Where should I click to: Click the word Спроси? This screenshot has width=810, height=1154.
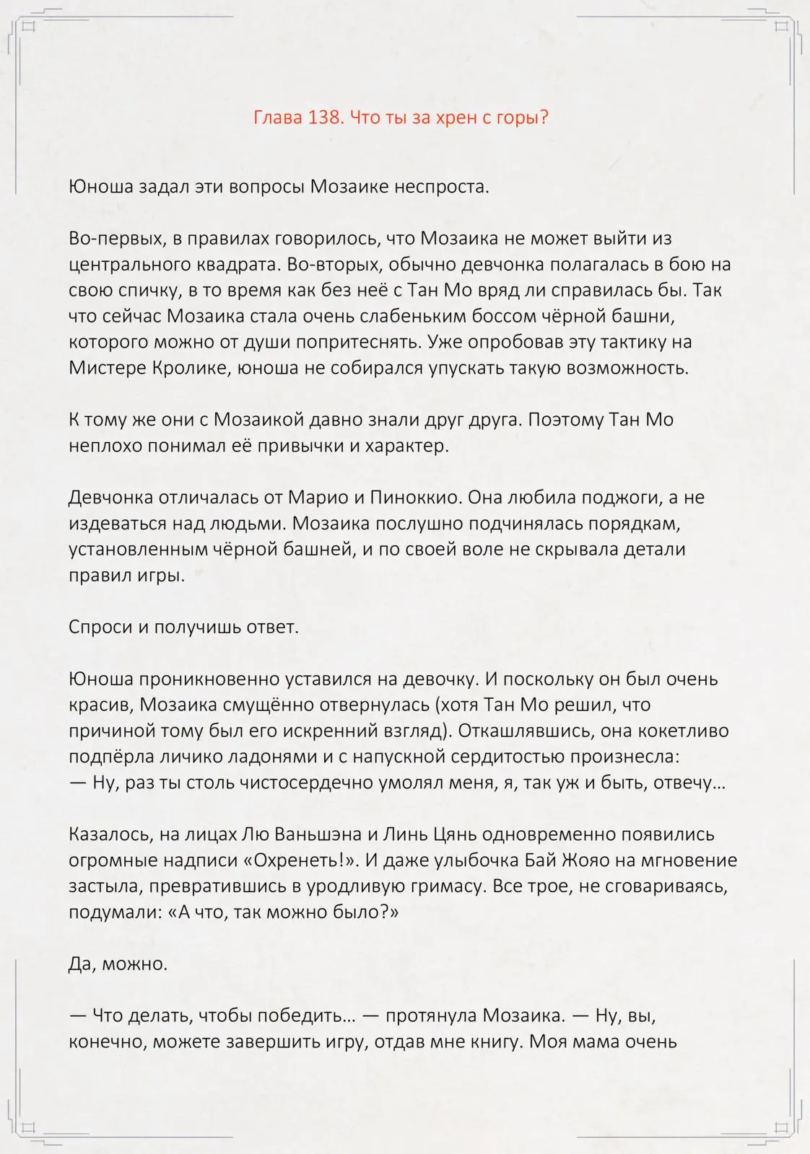tap(100, 627)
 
